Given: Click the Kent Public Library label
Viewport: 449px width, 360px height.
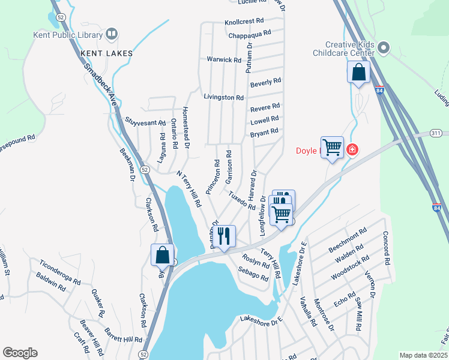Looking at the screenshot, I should (65, 35).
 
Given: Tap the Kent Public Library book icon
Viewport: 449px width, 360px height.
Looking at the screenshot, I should (111, 34).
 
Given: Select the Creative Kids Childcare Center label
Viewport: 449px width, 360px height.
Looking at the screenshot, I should (351, 49).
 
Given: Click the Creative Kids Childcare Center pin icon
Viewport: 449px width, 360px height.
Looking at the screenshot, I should (385, 46).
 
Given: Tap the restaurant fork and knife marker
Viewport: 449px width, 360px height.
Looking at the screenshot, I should (224, 236).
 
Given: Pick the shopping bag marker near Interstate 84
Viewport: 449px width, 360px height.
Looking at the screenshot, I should (358, 73).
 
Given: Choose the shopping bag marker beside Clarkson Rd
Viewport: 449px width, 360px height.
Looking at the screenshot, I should (162, 254).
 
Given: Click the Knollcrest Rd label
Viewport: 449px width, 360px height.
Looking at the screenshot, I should (244, 20).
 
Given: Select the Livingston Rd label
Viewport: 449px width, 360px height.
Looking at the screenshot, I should (223, 97).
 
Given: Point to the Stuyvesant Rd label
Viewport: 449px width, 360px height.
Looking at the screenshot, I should (145, 122).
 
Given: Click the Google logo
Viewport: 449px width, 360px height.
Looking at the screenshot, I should (20, 353).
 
